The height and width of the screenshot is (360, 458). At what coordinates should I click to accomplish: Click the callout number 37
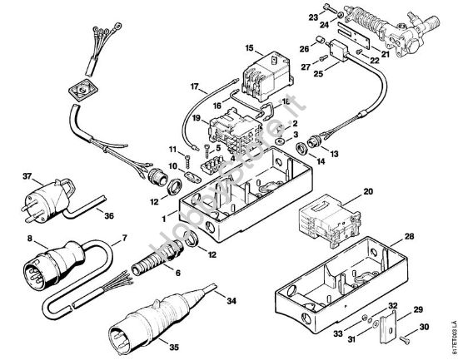pos(27,176)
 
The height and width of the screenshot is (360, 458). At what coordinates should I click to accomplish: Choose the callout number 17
pos(193,86)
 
